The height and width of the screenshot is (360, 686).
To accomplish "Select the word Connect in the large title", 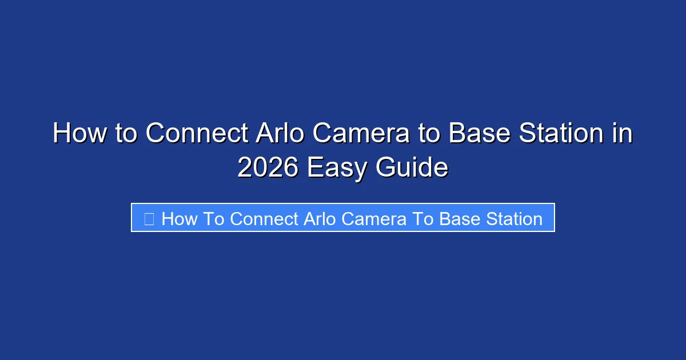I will click(x=197, y=134).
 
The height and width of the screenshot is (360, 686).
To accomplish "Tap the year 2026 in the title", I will click(x=268, y=167).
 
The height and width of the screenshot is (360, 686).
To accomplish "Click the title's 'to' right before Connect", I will click(x=124, y=134).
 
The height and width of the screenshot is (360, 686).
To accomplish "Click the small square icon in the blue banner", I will click(x=149, y=218).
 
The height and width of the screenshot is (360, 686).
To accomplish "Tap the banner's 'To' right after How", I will click(x=214, y=218).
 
